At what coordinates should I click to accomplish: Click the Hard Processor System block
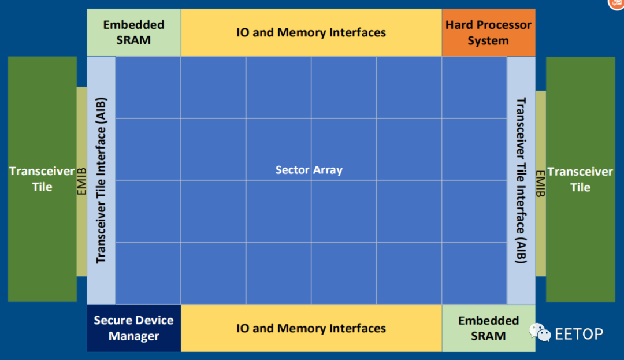coord(488,32)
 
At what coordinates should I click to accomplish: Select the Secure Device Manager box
coord(133,328)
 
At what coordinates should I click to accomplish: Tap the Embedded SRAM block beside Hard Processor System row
coord(133,32)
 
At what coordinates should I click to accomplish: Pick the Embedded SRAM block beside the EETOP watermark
coord(488,328)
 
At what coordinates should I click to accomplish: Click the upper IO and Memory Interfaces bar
coord(311,32)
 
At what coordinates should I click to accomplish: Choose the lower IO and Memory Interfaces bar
coord(311,328)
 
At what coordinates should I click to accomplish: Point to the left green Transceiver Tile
coord(42,179)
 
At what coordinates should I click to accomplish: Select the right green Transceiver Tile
coord(580,179)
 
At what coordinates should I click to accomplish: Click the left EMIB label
coord(81,181)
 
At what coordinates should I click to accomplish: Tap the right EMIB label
coord(540,184)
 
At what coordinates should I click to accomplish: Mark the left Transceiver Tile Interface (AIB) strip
coord(101,180)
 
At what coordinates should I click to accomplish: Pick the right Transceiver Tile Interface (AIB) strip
coord(521,180)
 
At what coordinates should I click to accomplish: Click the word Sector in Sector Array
coord(292,170)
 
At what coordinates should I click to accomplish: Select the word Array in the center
coord(328,170)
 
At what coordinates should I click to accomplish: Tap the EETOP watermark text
coord(578,334)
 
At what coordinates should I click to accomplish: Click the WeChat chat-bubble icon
coord(540,333)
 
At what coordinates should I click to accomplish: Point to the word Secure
coord(113,320)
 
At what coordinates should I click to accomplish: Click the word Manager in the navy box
coord(133,336)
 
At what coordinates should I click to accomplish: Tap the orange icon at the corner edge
coord(616,4)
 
